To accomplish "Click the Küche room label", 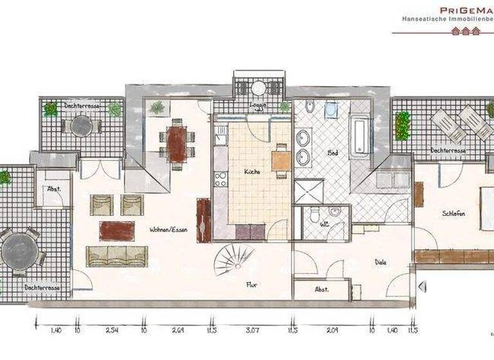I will click(251, 172).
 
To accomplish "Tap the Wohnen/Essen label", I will click(169, 230).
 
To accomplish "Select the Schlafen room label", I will click(453, 214).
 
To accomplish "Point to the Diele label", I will click(383, 262).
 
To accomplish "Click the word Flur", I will click(252, 285).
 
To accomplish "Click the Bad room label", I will click(333, 154).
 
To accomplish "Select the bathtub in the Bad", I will click(358, 135).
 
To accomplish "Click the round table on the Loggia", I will click(259, 88).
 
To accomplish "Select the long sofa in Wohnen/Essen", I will click(117, 256).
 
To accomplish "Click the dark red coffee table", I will click(117, 230).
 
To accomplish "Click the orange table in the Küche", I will click(280, 160).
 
